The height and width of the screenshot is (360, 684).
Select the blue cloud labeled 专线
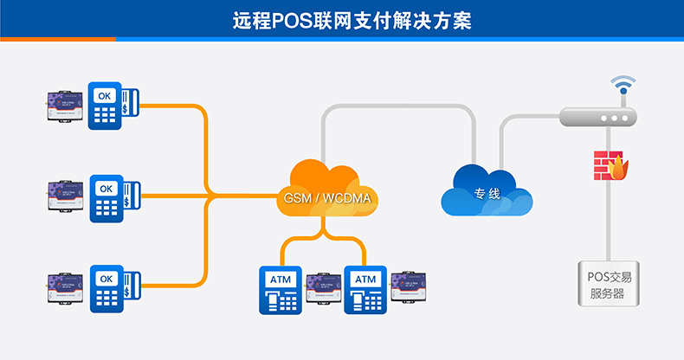pos(487,190)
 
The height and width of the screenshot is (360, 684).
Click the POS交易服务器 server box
pos(610,283)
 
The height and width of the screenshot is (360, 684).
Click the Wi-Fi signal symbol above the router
pos(622,86)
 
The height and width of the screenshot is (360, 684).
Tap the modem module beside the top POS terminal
pos(66,105)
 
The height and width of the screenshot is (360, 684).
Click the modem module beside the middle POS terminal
pos(66,197)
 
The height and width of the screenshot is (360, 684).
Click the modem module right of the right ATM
pos(409,286)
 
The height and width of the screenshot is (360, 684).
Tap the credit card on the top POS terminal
pos(128,104)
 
